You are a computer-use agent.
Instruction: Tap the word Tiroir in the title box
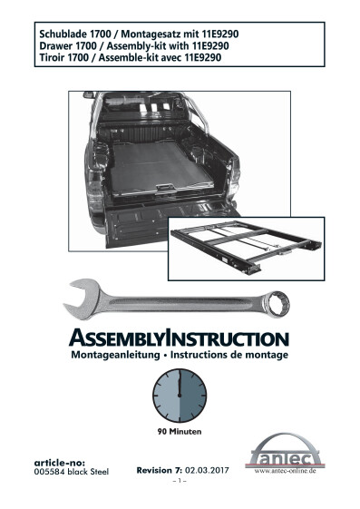52,57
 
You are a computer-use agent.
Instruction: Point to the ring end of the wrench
277,304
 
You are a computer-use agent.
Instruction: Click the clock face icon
180,396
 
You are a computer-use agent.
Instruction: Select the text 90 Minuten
180,432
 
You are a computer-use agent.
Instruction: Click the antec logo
286,453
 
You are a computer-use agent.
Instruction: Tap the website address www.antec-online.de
285,471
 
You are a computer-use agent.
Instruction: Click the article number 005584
49,472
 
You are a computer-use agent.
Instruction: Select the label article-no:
60,463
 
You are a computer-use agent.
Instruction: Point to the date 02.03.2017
207,470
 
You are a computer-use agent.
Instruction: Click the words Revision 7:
160,470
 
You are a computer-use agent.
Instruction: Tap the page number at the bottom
180,481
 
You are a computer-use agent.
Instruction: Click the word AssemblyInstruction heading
179,338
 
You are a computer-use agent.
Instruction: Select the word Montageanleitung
115,355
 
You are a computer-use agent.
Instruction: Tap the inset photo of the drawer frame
246,249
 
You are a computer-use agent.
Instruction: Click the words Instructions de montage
229,355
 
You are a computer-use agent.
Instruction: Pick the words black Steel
88,472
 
